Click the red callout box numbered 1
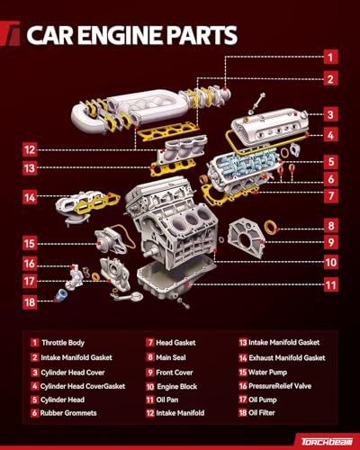pyautogui.click(x=330, y=57)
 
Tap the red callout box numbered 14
pyautogui.click(x=30, y=198)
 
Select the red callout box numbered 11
pyautogui.click(x=330, y=284)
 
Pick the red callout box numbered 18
pyautogui.click(x=30, y=302)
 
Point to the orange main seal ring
pyautogui.click(x=271, y=228)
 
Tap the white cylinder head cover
pyautogui.click(x=270, y=127)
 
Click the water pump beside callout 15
pyautogui.click(x=111, y=240)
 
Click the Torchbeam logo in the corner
pyautogui.click(x=327, y=441)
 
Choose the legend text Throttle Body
pyautogui.click(x=63, y=343)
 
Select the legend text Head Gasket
pyautogui.click(x=175, y=343)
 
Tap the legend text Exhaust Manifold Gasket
pyautogui.click(x=287, y=357)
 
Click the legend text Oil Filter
pyautogui.click(x=262, y=413)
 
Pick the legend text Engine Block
pyautogui.click(x=177, y=386)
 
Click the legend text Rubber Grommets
pyautogui.click(x=68, y=413)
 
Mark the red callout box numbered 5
pyautogui.click(x=330, y=162)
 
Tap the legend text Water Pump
pyautogui.click(x=267, y=373)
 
